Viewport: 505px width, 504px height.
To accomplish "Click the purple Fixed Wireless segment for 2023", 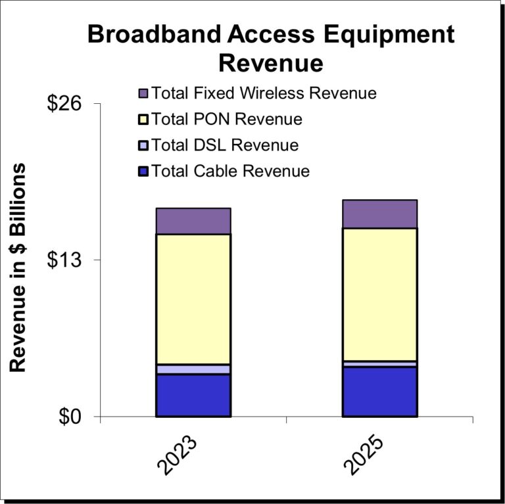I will pyautogui.click(x=193, y=221).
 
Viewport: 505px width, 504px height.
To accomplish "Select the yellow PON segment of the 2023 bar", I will pyautogui.click(x=193, y=299).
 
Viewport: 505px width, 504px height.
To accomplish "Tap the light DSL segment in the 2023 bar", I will pyautogui.click(x=193, y=369).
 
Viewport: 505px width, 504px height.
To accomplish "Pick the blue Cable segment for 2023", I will pyautogui.click(x=193, y=396).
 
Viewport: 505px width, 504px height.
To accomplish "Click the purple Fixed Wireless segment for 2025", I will pyautogui.click(x=379, y=214).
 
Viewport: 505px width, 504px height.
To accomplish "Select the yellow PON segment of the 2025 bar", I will pyautogui.click(x=379, y=294).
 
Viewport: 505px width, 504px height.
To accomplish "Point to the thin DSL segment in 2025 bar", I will pyautogui.click(x=379, y=363).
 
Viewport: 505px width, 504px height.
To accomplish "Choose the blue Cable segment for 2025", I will pyautogui.click(x=379, y=392).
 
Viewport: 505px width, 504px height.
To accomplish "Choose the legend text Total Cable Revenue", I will pyautogui.click(x=230, y=172).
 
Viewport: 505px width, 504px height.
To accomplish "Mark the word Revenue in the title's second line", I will pyautogui.click(x=270, y=63).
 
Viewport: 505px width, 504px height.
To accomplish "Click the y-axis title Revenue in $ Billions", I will pyautogui.click(x=18, y=268).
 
